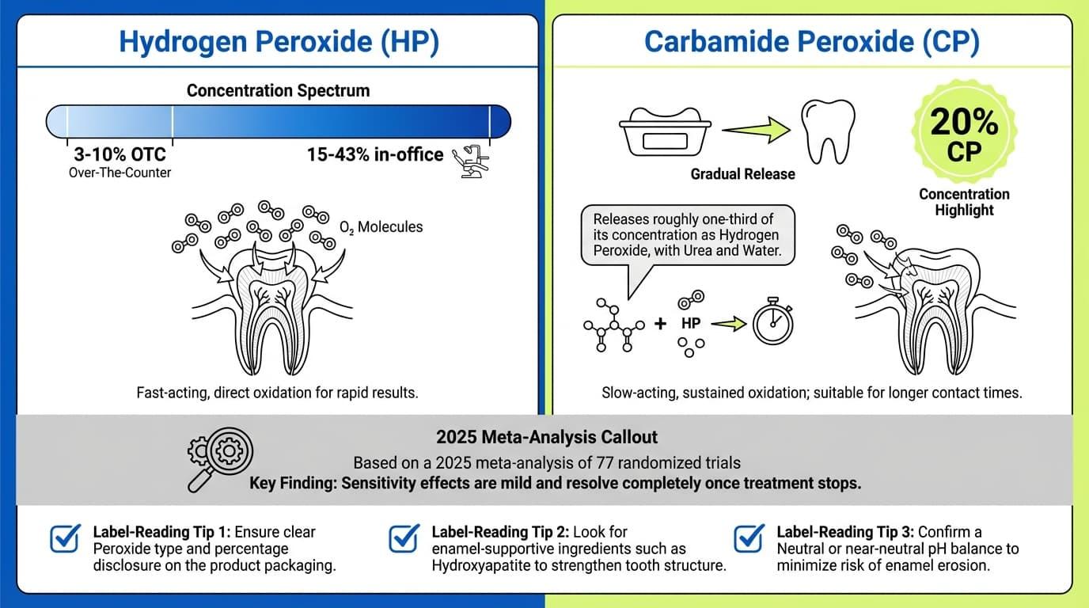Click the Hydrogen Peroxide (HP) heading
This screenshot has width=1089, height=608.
[278, 42]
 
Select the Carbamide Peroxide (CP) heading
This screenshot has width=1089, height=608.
[812, 42]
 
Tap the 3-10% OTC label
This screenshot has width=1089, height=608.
[119, 155]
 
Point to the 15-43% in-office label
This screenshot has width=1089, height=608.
[375, 155]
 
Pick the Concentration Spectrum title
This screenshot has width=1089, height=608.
[278, 90]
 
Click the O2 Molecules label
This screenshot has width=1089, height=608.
[381, 227]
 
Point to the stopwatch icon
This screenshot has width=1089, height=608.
[772, 324]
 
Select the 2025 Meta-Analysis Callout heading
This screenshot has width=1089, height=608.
[546, 436]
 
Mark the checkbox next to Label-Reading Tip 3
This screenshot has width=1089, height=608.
[749, 538]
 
